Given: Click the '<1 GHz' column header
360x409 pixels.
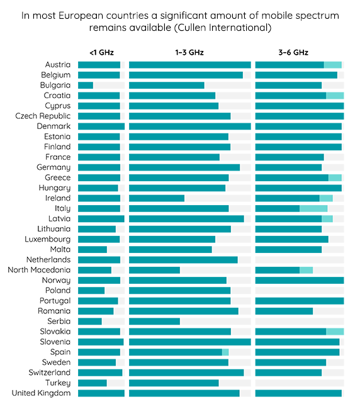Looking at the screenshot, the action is pos(101,52).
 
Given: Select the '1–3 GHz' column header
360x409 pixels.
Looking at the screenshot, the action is pos(189,52).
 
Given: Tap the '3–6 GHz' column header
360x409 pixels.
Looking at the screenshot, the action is pos(293,52).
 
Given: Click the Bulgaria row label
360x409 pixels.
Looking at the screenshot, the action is pos(55,86).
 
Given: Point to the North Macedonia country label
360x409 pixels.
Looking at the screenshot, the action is pos(39,270).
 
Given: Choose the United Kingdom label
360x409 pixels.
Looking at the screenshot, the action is pos(41,393).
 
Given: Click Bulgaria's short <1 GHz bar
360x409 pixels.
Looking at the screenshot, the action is pos(86,86).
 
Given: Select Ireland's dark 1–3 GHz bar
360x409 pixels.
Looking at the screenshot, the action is pos(157,198).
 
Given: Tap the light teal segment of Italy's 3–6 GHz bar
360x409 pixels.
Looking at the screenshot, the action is pos(313,208).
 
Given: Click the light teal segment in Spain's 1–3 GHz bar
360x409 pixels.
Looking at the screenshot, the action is pos(225,352).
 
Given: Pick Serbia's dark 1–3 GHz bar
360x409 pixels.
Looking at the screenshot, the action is pos(154,321).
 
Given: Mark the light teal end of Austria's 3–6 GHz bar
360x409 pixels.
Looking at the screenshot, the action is pos(333,65).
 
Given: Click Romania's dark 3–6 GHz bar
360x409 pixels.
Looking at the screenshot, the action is pos(284,311).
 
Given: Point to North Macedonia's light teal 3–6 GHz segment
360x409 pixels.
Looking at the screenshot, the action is pos(307,270).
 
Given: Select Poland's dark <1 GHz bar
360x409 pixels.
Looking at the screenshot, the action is pos(91,290).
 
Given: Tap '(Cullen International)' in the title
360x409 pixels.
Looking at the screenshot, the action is pos(223,28).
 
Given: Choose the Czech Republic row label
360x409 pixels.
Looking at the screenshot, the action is pos(43,116).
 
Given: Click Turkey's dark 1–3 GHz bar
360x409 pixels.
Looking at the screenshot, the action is pos(174,383).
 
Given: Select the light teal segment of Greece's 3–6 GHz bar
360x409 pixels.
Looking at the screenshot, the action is pos(335,177).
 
